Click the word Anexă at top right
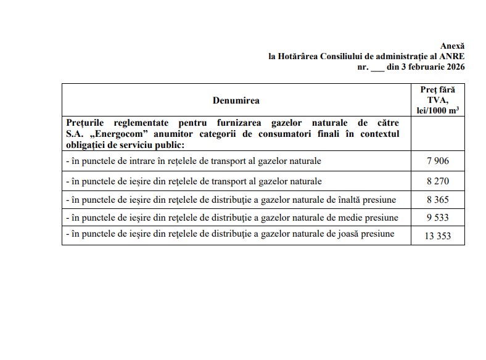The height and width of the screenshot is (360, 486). tap(452, 46)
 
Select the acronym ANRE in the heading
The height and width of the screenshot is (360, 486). tap(453, 56)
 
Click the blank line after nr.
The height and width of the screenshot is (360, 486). tap(377, 67)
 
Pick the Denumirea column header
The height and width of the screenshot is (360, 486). tap(236, 100)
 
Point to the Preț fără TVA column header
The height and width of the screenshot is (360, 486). tap(437, 100)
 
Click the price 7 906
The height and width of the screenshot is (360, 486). tap(437, 162)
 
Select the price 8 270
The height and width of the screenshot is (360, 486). tap(437, 181)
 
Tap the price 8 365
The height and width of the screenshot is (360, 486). tap(437, 200)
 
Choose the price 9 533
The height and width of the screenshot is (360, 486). tap(437, 218)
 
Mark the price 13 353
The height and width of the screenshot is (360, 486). tap(437, 235)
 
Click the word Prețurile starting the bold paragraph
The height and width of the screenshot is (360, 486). tap(86, 123)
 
